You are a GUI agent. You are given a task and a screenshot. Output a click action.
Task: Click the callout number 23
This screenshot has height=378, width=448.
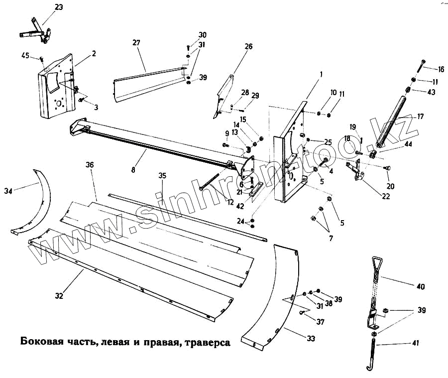59,7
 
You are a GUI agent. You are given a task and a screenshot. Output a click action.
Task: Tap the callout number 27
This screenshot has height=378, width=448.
136,43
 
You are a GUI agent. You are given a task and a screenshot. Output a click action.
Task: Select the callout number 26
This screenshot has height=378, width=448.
248,47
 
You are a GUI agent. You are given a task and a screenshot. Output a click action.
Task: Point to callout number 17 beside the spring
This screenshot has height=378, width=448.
420,117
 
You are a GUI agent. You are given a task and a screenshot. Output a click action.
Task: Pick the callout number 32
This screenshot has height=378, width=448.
59,296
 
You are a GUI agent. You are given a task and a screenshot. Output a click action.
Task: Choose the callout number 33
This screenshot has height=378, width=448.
311,339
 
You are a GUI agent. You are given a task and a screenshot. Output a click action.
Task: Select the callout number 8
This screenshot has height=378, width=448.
133,170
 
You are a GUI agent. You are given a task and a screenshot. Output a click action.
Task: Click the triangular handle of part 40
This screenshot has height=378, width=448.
376,264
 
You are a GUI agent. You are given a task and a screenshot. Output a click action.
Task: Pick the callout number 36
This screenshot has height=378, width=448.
90,165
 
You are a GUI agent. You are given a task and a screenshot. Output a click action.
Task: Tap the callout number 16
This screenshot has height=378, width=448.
441,69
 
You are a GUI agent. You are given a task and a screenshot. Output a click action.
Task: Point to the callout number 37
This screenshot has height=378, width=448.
320,322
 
